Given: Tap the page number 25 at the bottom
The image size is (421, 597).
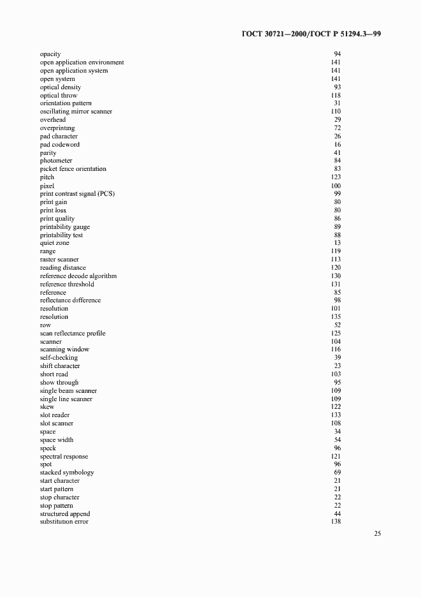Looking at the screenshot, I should [x=377, y=534].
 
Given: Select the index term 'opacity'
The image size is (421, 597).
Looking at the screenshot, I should [x=50, y=54].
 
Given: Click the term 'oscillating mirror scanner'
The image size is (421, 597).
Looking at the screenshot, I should [x=76, y=112].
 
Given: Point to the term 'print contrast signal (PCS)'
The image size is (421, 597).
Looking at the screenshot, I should [x=77, y=193].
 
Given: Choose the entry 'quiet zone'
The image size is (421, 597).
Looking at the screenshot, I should [x=55, y=243].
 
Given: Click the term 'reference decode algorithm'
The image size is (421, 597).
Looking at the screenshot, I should [x=78, y=276].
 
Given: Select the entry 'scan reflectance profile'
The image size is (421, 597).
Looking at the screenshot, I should [x=73, y=334].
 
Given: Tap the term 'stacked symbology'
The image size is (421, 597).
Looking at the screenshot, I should [x=67, y=473].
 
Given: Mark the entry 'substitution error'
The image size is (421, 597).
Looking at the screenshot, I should [x=64, y=522].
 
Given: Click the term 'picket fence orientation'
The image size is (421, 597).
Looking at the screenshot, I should [x=73, y=169].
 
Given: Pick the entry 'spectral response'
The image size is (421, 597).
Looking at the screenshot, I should [x=64, y=457].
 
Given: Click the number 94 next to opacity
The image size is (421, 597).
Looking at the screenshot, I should [x=337, y=54].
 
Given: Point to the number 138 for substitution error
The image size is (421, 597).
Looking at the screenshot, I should [x=336, y=522].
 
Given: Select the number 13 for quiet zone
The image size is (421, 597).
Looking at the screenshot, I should [x=338, y=243].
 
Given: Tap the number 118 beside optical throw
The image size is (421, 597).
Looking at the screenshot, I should [x=336, y=96].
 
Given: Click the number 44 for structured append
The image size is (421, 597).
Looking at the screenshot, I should [x=338, y=514].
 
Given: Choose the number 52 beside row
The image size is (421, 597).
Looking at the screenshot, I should [x=338, y=325].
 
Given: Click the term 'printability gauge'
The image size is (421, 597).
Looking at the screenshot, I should [x=65, y=227].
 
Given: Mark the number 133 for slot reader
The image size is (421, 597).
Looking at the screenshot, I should [x=336, y=415].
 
